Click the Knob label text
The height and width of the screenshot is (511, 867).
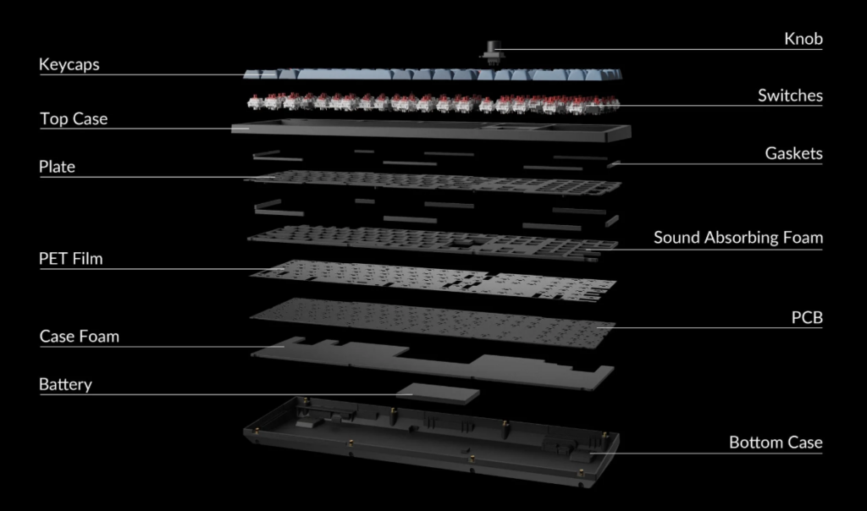pyautogui.click(x=803, y=39)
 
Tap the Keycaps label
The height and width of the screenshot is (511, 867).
pyautogui.click(x=69, y=65)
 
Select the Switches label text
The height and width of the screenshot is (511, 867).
pyautogui.click(x=790, y=96)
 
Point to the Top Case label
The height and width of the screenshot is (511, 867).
pyautogui.click(x=74, y=119)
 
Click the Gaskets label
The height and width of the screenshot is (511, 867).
pyautogui.click(x=793, y=154)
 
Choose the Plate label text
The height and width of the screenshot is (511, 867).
pyautogui.click(x=57, y=167)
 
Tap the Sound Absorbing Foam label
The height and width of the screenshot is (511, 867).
pyautogui.click(x=738, y=238)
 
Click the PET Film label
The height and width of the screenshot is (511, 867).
pyautogui.click(x=71, y=259)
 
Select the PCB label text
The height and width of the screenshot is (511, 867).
pyautogui.click(x=807, y=317)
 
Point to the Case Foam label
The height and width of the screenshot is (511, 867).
pyautogui.click(x=79, y=337)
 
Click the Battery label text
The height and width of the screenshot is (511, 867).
pyautogui.click(x=65, y=385)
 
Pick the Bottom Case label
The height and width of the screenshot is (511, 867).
pyautogui.click(x=776, y=442)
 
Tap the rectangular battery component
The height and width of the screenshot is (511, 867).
pyautogui.click(x=438, y=393)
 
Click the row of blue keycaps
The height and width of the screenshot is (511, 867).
pyautogui.click(x=433, y=74)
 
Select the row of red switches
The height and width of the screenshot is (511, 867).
pyautogui.click(x=433, y=103)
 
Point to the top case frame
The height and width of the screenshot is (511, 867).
pyautogui.click(x=431, y=130)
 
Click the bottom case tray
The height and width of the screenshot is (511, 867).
pyautogui.click(x=431, y=442)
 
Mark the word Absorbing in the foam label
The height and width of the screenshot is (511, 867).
pyautogui.click(x=737, y=238)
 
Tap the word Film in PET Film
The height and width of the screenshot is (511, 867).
pyautogui.click(x=87, y=259)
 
